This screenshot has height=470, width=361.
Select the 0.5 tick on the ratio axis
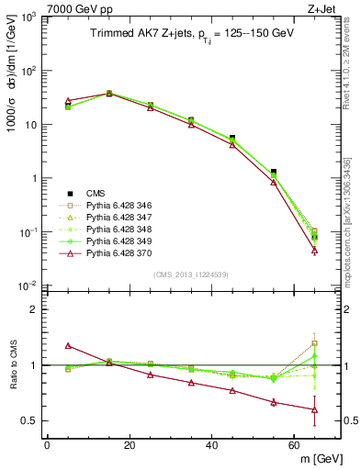pyautogui.click(x=29, y=420)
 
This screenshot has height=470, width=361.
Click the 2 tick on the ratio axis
pyautogui.click(x=34, y=309)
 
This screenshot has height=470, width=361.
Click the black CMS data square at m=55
pyautogui.click(x=274, y=172)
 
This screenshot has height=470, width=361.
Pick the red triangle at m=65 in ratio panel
pyautogui.click(x=315, y=409)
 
